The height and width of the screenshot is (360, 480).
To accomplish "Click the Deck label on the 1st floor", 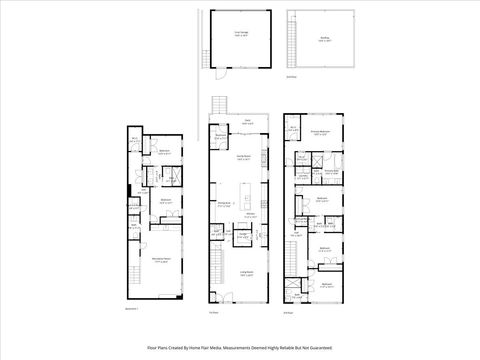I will click(247, 120).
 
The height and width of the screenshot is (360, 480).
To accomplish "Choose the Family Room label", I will click(243, 157).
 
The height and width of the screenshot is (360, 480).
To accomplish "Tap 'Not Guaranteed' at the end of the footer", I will click(316, 348).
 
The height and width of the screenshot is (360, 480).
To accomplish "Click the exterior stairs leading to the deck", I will click(221, 103).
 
